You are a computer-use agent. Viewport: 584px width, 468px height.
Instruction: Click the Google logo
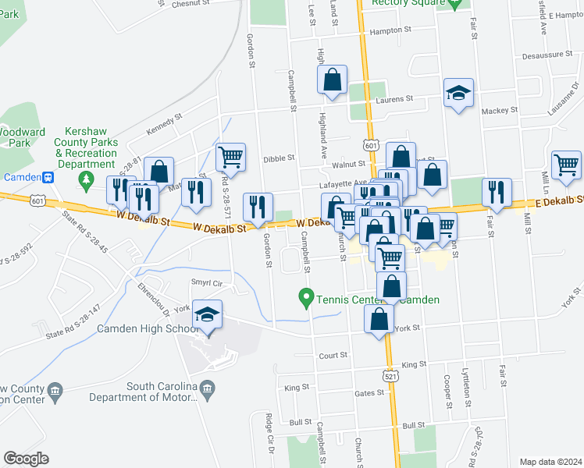[x=26, y=459]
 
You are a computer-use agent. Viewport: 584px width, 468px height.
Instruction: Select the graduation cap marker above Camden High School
[x=208, y=314]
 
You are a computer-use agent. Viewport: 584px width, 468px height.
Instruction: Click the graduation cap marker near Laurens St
[x=458, y=93]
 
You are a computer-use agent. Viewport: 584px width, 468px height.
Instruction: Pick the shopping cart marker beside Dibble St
[x=231, y=157]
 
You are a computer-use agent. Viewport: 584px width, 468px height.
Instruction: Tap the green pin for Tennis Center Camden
[x=306, y=298]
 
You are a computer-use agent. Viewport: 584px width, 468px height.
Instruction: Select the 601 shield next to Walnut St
[x=371, y=147]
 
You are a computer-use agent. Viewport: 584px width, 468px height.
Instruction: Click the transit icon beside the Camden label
[x=49, y=177]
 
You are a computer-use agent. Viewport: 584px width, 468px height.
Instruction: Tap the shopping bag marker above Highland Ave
[x=333, y=80]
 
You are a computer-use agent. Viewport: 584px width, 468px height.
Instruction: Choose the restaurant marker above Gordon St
[x=258, y=207]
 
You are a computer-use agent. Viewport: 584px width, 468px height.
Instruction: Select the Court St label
[x=333, y=355]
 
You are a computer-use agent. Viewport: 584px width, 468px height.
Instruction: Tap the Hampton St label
[x=390, y=30]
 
